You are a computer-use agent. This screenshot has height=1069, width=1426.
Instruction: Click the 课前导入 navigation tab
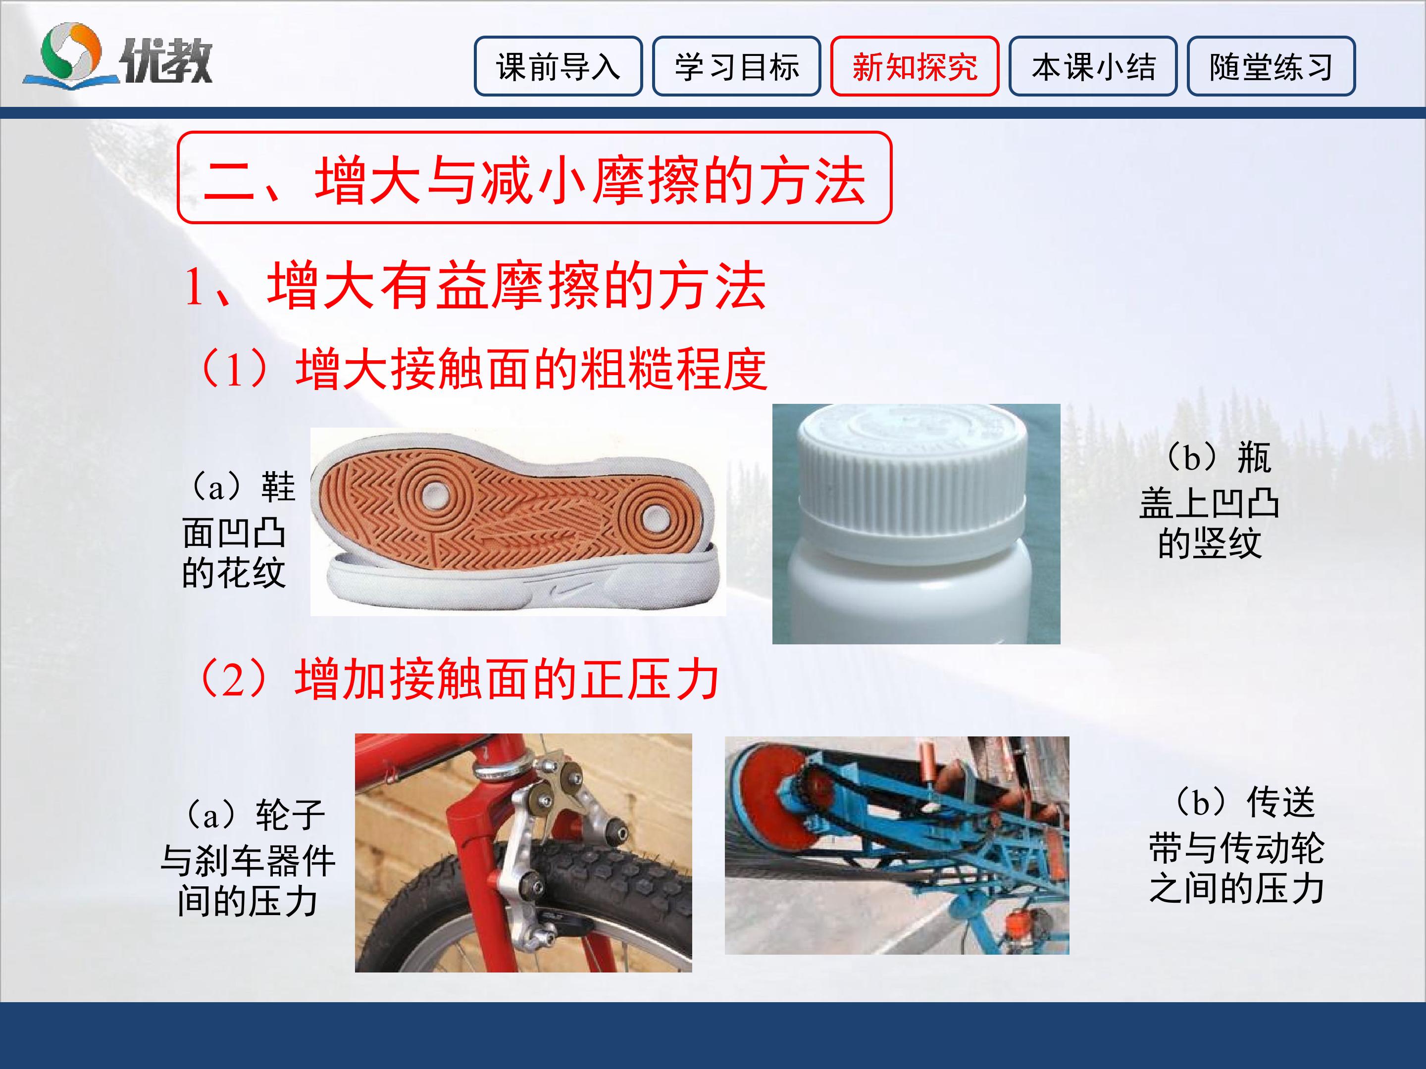(559, 66)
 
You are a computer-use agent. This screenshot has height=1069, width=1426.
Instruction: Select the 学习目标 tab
(736, 66)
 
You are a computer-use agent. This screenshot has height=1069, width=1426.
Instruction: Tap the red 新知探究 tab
(915, 66)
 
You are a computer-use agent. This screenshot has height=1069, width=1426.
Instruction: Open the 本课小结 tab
(1093, 66)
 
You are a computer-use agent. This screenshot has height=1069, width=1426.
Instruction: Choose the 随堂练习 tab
(1272, 66)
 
